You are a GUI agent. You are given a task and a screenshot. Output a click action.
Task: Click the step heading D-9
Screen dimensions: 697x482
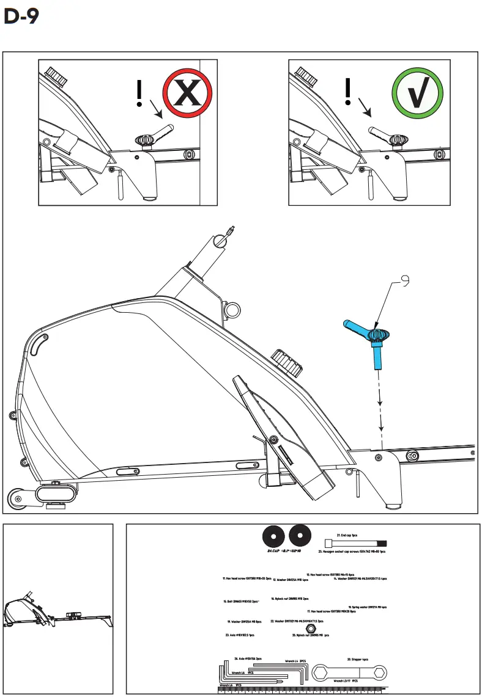(21, 17)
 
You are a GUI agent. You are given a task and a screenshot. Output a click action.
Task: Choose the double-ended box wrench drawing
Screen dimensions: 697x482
(346, 673)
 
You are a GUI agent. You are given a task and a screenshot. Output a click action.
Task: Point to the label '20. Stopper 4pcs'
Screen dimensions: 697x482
(357, 659)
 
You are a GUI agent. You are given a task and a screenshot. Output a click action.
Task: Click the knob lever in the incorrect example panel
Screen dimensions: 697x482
(161, 134)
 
